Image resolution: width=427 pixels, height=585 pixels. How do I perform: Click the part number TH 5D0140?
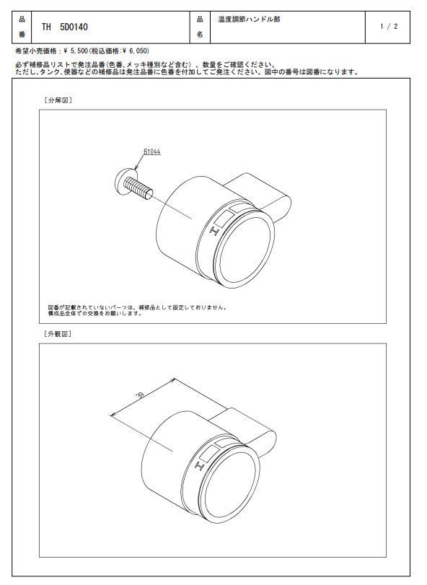(64, 27)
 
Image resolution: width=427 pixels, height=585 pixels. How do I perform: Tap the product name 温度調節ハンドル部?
(249, 19)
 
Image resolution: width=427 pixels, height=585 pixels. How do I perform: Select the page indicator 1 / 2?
(389, 27)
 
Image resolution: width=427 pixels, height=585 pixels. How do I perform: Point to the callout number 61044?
(151, 151)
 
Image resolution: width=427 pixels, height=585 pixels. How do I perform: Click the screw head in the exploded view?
(123, 180)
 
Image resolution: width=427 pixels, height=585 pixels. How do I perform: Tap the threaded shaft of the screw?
(138, 188)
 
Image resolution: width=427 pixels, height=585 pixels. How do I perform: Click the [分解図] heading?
(58, 100)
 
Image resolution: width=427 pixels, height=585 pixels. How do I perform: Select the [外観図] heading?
(58, 334)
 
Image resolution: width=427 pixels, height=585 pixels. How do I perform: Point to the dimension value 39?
(141, 395)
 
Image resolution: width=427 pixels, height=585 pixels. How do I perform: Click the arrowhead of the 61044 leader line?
(136, 169)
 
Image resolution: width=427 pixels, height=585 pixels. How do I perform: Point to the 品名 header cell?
(200, 27)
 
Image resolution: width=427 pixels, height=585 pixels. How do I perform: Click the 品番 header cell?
(22, 27)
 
